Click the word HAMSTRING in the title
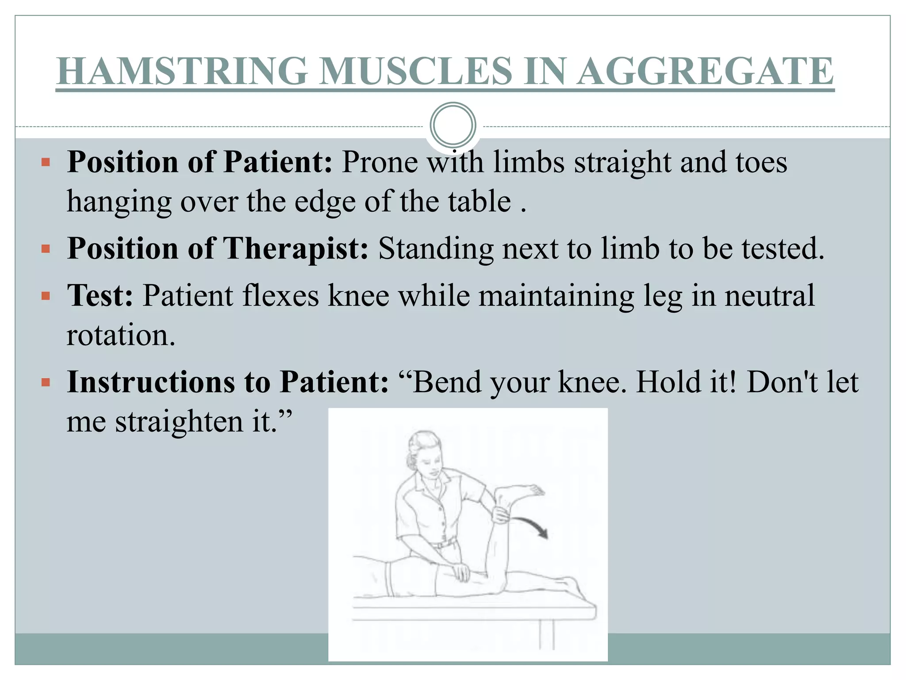[182, 71]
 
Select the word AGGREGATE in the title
[706, 71]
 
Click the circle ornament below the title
[453, 125]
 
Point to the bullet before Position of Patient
[46, 162]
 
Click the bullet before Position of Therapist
[46, 249]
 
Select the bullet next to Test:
[46, 296]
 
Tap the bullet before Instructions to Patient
[46, 382]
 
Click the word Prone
[380, 162]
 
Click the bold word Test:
[100, 296]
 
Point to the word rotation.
[121, 335]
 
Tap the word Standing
[435, 249]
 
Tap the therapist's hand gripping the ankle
[501, 514]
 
